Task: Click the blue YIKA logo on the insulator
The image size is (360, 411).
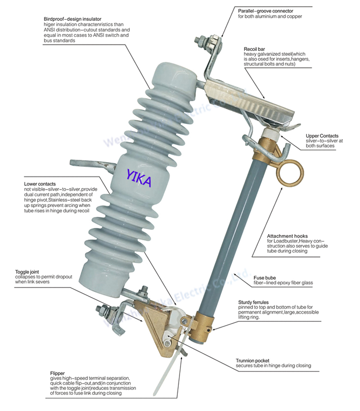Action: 139,178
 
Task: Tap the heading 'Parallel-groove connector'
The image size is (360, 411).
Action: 265,11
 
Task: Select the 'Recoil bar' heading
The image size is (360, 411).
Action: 254,49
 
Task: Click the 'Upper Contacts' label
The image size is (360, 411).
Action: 322,136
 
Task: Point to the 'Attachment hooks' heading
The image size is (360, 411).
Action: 287,236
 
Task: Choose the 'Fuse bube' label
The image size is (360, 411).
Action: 264,278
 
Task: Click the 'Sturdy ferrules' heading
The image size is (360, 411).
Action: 253,302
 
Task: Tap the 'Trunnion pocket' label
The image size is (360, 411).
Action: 252,361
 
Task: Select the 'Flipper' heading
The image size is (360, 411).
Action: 58,373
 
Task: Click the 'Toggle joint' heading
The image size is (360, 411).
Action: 27,272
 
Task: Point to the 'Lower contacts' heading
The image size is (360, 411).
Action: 40,184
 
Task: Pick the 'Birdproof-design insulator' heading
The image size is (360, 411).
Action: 72,19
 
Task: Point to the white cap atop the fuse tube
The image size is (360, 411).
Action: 271,134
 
